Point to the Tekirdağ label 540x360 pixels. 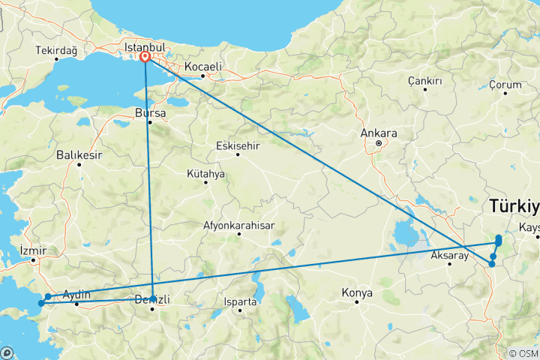(x=56, y=50)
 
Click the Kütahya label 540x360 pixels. (x=205, y=173)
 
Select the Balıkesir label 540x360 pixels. (x=78, y=155)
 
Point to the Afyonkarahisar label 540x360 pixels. (x=239, y=225)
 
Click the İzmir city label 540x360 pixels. (x=33, y=250)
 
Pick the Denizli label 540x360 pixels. (x=152, y=300)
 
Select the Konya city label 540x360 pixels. (x=357, y=292)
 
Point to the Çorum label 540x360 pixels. (x=505, y=85)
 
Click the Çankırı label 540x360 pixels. (x=424, y=80)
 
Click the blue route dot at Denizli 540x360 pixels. (x=153, y=298)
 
